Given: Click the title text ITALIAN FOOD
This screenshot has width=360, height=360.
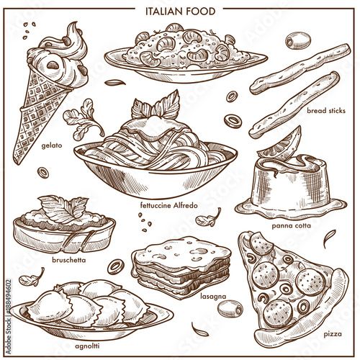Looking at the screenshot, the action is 180,12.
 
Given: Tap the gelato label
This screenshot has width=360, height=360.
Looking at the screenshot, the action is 52,145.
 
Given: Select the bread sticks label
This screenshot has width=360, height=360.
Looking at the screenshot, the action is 326,111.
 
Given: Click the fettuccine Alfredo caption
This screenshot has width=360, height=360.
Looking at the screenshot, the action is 169,205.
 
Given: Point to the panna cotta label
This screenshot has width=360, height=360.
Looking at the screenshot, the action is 291,225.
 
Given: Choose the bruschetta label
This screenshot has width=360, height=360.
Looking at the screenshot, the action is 69,260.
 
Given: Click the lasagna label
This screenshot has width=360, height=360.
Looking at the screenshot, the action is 213,297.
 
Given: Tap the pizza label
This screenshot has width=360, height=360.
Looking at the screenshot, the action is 333,334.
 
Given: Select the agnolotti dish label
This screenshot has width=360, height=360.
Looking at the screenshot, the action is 87,346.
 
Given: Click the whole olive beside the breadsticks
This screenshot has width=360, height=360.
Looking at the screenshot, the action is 298,41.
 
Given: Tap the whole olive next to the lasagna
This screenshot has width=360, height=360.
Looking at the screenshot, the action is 230,309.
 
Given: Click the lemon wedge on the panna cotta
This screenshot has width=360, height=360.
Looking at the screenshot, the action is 281,145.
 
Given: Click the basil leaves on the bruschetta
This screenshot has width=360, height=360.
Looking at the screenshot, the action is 63,208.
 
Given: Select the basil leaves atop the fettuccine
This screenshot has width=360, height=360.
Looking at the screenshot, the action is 156,105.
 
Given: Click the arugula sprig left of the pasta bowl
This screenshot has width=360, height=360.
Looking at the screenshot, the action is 83,120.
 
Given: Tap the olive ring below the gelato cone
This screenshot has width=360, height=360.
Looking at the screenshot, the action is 43,173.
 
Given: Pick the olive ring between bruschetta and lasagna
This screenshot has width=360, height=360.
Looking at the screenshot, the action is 116,266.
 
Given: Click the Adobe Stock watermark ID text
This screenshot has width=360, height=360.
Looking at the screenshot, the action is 9,317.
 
